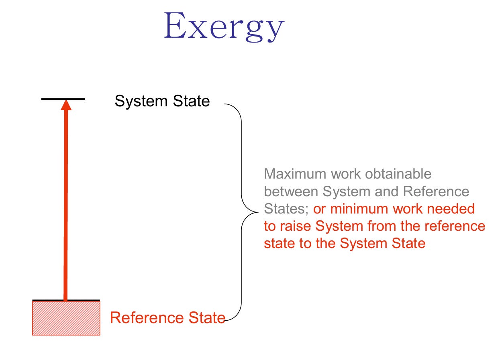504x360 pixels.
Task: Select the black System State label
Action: [162, 101]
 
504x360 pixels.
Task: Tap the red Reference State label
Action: [167, 317]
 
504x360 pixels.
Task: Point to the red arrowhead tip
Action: [66, 102]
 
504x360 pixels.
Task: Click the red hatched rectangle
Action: [66, 318]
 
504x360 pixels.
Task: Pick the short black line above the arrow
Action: [63, 98]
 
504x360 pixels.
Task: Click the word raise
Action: [298, 226]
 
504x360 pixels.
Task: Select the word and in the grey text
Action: [387, 191]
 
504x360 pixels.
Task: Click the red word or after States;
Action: [319, 209]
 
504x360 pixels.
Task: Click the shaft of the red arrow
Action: [65, 201]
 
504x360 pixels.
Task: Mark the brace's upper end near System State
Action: [226, 104]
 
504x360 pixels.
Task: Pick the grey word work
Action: [345, 174]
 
